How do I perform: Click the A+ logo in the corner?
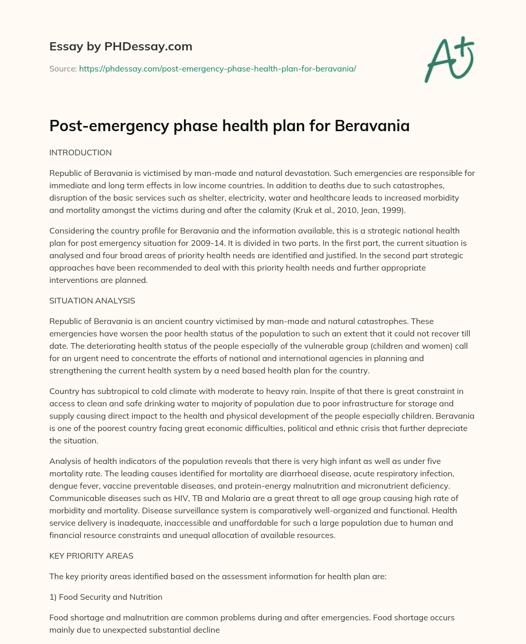(449, 60)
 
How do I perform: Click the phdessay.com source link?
(217, 68)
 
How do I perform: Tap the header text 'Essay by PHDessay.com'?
(121, 47)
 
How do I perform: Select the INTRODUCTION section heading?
(80, 153)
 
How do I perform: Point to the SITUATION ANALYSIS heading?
(92, 300)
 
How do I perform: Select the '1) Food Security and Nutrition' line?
(106, 597)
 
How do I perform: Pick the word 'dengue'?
(63, 486)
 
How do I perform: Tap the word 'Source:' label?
(63, 68)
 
